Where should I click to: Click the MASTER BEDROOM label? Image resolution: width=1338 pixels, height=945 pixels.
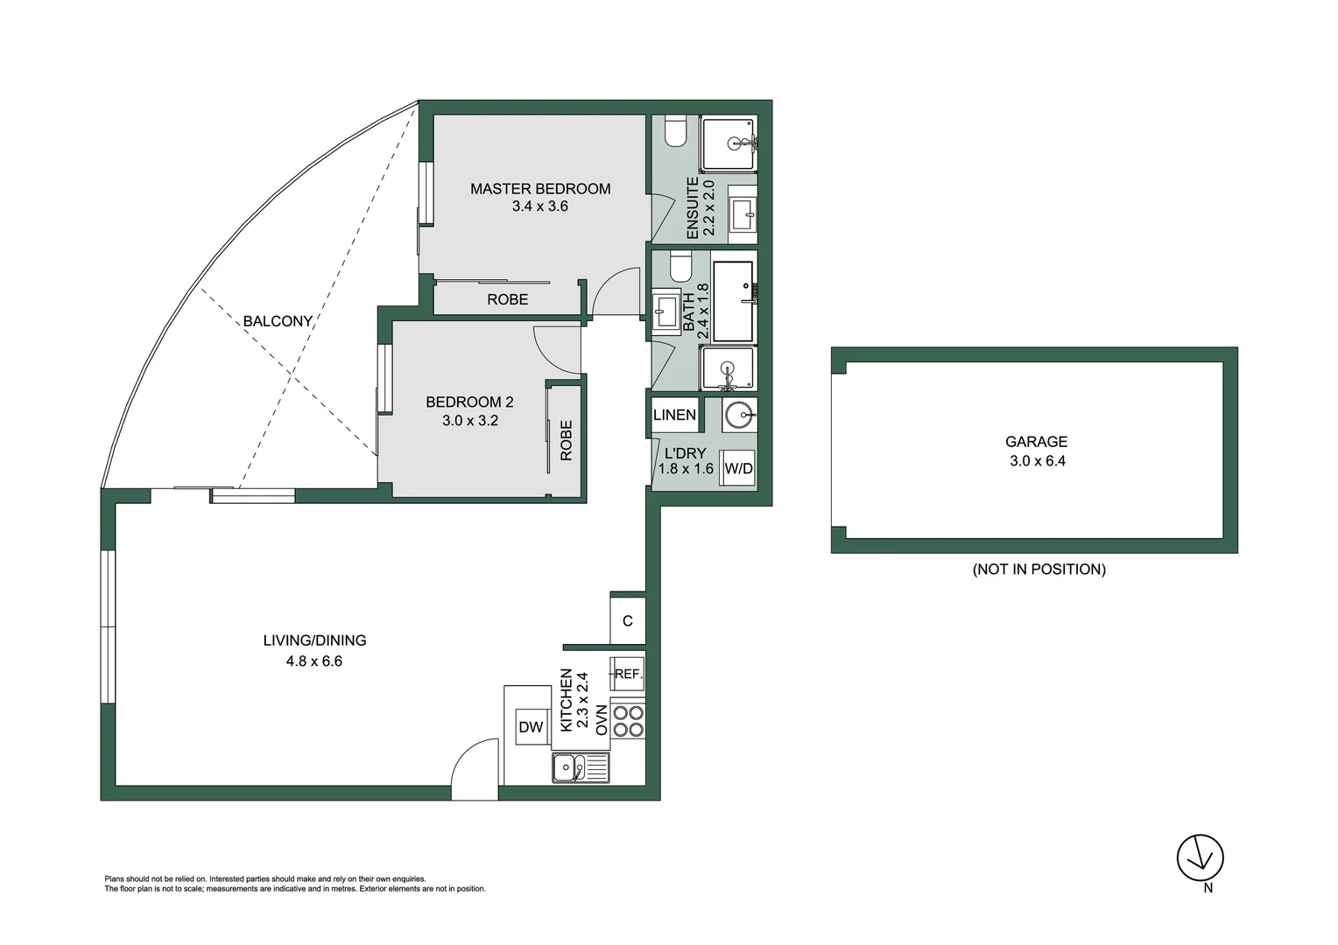pyautogui.click(x=539, y=188)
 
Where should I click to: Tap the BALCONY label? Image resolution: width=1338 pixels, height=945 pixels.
pyautogui.click(x=278, y=321)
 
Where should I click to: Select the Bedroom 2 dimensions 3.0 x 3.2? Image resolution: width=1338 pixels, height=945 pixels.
pyautogui.click(x=469, y=421)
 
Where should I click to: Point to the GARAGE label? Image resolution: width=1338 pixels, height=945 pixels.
pyautogui.click(x=1036, y=442)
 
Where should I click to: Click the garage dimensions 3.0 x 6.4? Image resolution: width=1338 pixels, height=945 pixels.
pyautogui.click(x=1037, y=461)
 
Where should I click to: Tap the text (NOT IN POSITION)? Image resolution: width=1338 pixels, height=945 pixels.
pyautogui.click(x=1039, y=570)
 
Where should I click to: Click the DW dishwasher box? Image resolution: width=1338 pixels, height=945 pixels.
pyautogui.click(x=532, y=726)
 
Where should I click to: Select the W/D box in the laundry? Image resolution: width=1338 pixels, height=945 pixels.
pyautogui.click(x=738, y=468)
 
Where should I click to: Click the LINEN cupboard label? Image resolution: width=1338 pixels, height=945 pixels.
pyautogui.click(x=674, y=415)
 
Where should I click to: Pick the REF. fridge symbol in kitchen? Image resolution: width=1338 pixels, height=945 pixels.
pyautogui.click(x=628, y=674)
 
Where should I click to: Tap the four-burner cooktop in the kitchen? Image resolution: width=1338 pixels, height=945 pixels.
pyautogui.click(x=628, y=721)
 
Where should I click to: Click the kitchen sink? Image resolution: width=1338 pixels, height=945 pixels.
pyautogui.click(x=581, y=768)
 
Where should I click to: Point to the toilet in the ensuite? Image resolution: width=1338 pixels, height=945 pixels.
pyautogui.click(x=675, y=130)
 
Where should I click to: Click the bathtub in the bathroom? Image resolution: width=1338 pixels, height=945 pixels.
pyautogui.click(x=734, y=301)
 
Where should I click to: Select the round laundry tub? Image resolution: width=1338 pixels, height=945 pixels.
pyautogui.click(x=740, y=414)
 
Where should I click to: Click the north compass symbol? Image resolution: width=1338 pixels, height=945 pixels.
pyautogui.click(x=1200, y=858)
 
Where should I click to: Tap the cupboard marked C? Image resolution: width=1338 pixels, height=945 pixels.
pyautogui.click(x=628, y=621)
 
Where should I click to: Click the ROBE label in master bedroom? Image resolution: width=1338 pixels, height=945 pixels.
pyautogui.click(x=507, y=299)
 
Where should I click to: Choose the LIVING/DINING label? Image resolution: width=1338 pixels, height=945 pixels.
pyautogui.click(x=314, y=640)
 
